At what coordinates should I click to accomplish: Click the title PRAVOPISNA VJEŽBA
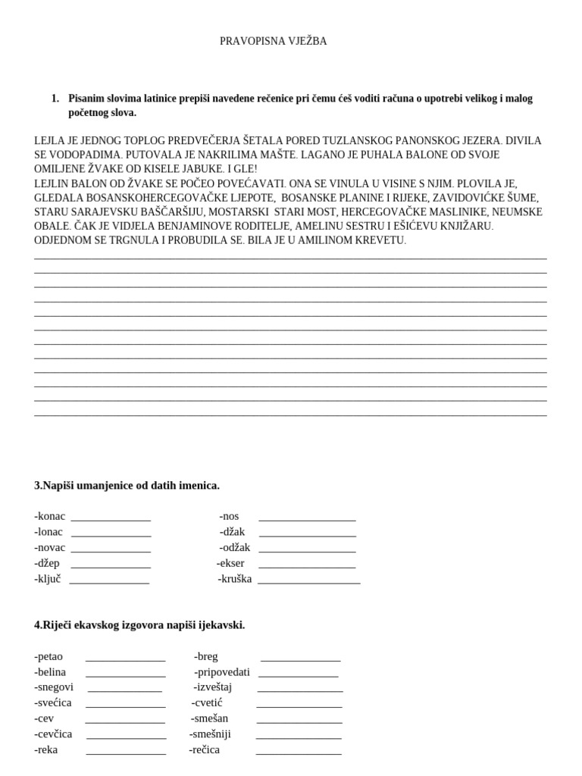[x=273, y=42]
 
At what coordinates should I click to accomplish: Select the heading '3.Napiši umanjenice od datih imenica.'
[x=127, y=485]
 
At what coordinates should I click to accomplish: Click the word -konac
[x=50, y=516]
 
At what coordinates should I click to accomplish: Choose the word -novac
[x=50, y=548]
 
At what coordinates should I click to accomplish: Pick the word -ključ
[x=48, y=579]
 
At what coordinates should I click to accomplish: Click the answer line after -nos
[x=307, y=519]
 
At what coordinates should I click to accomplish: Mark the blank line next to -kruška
[x=308, y=582]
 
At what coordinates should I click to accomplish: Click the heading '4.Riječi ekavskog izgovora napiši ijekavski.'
[x=139, y=625]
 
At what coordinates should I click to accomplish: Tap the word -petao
[x=49, y=656]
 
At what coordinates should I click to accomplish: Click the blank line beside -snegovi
[x=124, y=690]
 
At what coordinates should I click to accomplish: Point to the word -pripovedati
[x=221, y=672]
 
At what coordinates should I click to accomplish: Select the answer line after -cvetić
[x=299, y=706]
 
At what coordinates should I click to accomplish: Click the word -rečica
[x=204, y=750]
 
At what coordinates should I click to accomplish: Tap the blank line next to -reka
[x=126, y=753]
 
